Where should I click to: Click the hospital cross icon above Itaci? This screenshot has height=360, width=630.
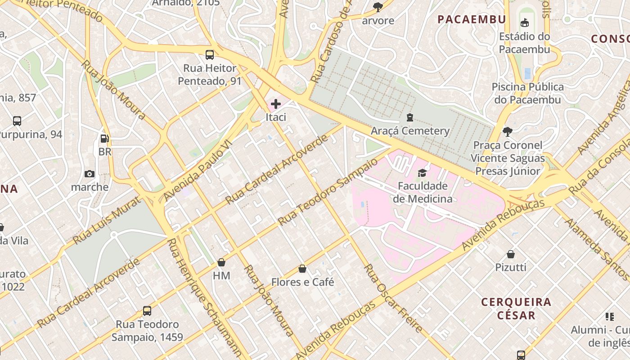click(276, 104)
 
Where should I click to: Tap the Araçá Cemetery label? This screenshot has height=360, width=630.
click(410, 131)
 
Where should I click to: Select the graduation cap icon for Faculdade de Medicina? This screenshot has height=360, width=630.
click(422, 173)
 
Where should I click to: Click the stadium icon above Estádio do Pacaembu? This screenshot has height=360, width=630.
click(524, 22)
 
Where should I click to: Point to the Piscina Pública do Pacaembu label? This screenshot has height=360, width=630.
click(527, 93)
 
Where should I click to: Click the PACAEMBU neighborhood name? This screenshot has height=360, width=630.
click(472, 19)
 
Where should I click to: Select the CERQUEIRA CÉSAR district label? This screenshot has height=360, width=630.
click(516, 308)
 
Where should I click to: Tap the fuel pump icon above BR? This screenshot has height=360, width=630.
click(104, 139)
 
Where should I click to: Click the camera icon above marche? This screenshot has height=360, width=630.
click(90, 174)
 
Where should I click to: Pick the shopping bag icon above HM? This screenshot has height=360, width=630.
click(221, 262)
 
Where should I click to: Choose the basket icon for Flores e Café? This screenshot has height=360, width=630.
click(302, 269)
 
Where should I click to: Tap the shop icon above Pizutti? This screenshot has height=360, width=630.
click(511, 254)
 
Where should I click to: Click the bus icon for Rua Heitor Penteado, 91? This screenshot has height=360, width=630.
click(210, 55)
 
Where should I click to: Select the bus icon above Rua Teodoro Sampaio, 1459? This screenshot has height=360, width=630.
click(147, 310)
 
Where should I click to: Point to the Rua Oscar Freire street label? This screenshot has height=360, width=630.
click(393, 298)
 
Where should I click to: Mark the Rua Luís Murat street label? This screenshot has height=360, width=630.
click(103, 219)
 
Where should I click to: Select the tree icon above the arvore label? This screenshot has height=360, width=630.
click(378, 7)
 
